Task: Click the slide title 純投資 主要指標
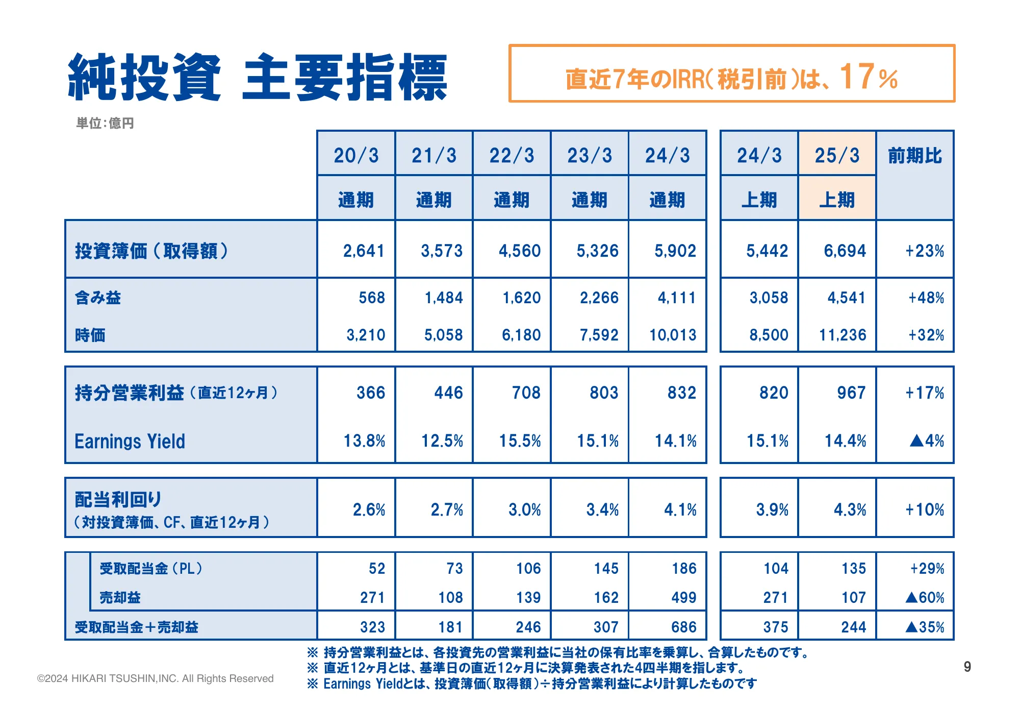258,78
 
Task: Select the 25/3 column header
837,155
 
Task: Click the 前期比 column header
915,155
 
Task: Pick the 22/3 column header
512,155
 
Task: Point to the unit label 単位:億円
105,123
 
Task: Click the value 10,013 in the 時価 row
673,335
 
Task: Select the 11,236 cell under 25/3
843,335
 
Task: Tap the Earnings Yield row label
130,441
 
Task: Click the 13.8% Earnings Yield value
364,441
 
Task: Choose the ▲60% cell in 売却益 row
925,597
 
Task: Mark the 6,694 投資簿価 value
845,251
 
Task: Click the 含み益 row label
98,298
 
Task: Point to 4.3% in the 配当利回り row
850,509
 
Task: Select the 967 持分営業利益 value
851,393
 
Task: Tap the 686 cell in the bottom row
684,627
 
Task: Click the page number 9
967,667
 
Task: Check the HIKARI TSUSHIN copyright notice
156,678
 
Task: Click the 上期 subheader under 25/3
837,200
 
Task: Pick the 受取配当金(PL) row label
151,568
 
